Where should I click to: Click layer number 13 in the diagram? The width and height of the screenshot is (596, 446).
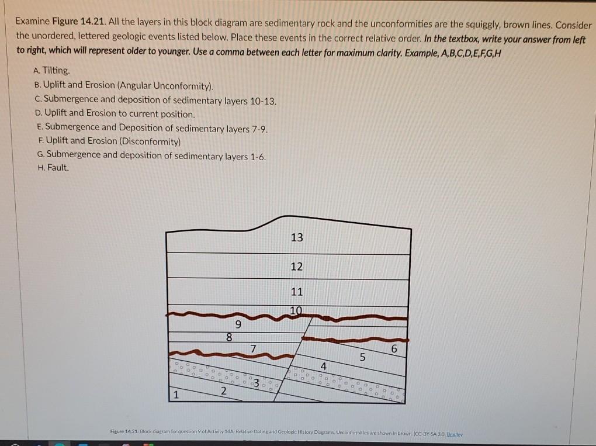pyautogui.click(x=296, y=237)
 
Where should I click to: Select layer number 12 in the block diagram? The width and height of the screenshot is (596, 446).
pyautogui.click(x=296, y=267)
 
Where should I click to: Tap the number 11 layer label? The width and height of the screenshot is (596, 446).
pyautogui.click(x=296, y=292)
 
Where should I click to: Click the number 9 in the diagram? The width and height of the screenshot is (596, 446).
pyautogui.click(x=237, y=324)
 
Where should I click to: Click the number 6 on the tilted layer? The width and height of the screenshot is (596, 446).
pyautogui.click(x=394, y=349)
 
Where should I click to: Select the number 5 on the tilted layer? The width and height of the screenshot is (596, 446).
pyautogui.click(x=362, y=358)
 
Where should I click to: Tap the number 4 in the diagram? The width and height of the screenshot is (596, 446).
pyautogui.click(x=323, y=367)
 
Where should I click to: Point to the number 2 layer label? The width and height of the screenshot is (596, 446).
pyautogui.click(x=223, y=391)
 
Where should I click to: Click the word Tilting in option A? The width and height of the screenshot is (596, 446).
pyautogui.click(x=56, y=71)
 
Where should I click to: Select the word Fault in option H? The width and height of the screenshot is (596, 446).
pyautogui.click(x=58, y=168)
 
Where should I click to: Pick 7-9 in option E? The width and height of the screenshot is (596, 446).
pyautogui.click(x=257, y=127)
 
